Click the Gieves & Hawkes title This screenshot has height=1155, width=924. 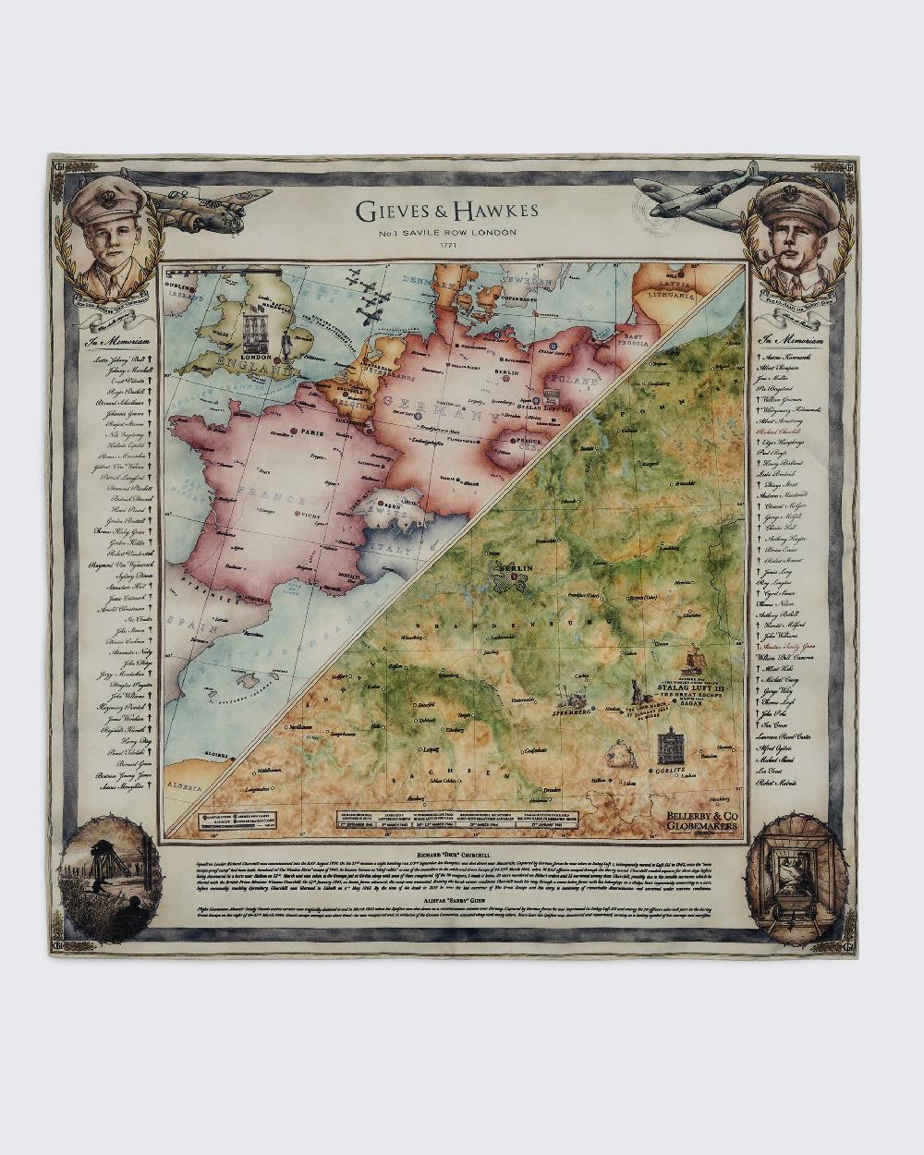pyautogui.click(x=446, y=211)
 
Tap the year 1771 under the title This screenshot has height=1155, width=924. pyautogui.click(x=446, y=246)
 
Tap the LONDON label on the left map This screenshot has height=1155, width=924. pyautogui.click(x=255, y=357)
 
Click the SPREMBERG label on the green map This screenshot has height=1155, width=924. pyautogui.click(x=570, y=713)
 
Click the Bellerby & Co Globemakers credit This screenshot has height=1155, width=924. pyautogui.click(x=701, y=821)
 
